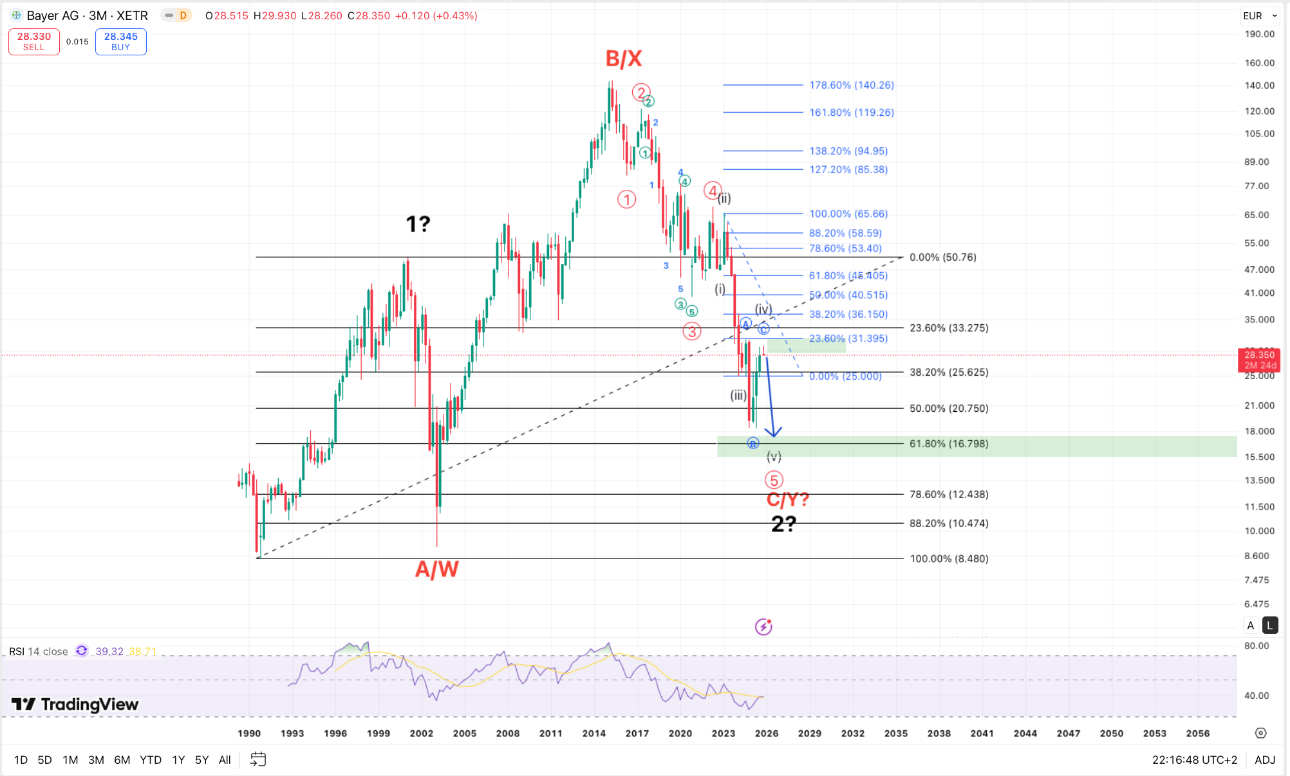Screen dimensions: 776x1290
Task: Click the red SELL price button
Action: click(33, 41)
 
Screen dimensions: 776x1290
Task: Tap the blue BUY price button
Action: click(120, 41)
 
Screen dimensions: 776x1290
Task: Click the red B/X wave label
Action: click(623, 59)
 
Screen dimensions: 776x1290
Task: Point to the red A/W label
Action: click(436, 569)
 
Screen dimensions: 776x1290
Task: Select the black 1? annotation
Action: click(418, 224)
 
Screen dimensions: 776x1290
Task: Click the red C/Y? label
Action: click(787, 499)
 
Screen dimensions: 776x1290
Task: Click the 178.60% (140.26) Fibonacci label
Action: click(851, 85)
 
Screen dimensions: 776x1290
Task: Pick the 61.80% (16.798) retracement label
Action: click(948, 444)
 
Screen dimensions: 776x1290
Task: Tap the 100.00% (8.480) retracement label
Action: click(948, 559)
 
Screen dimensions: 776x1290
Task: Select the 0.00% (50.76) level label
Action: click(942, 257)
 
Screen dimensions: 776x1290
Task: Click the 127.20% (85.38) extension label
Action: click(848, 169)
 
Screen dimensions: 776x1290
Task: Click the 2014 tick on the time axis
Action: click(594, 733)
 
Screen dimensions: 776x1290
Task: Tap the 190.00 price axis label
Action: click(1259, 34)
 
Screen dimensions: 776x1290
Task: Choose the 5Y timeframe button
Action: click(201, 760)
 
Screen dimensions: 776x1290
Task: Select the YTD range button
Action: click(151, 760)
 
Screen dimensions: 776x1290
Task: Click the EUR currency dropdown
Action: click(1259, 15)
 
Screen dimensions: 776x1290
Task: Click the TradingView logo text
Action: click(89, 705)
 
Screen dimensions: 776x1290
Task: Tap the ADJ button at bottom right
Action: click(1264, 760)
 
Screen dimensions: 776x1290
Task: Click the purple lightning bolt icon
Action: click(763, 626)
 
